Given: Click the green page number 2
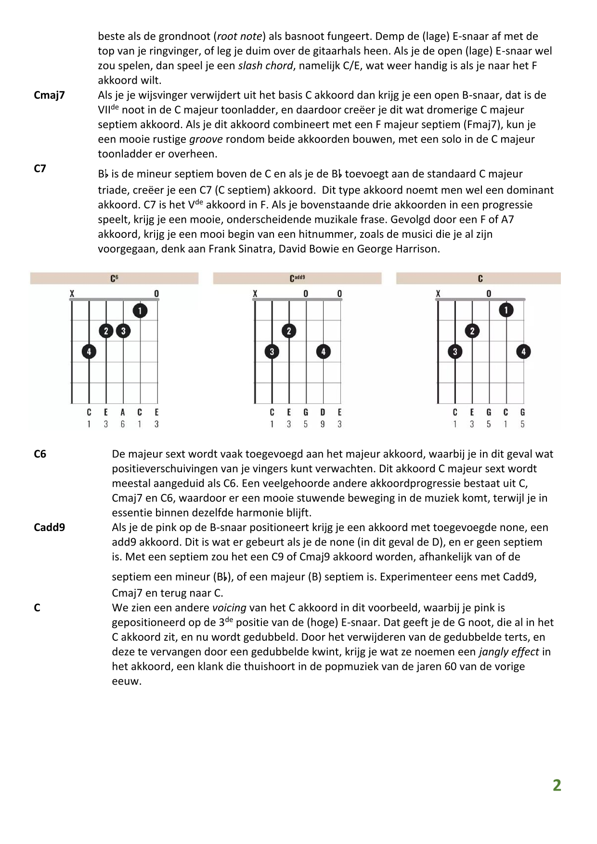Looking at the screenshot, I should coord(557,785).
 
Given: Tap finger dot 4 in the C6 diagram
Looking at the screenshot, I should coord(89,351).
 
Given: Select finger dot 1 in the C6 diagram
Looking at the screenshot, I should coord(140,311).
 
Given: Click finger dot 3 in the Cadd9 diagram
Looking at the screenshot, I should coord(272,351).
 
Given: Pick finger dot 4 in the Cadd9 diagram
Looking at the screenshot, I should coord(323,351).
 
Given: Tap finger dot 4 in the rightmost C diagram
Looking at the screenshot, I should coord(523,351).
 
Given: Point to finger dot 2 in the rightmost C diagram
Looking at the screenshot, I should coord(472,331).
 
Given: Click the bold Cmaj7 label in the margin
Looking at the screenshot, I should coord(49,95).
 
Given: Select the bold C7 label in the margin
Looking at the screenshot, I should coord(40,169).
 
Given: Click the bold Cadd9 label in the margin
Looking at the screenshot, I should coord(49,527).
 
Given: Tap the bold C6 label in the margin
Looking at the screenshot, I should coord(40,454).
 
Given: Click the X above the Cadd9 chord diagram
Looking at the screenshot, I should coord(255,294).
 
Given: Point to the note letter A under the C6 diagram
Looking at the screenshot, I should coord(123,412).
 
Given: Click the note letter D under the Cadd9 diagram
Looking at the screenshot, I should coord(323,412).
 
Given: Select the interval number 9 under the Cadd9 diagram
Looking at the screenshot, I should coord(323,424).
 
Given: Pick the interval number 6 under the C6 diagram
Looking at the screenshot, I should coord(123,424).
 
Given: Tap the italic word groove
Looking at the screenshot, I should coord(206,139).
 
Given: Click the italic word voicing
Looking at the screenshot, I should coord(229,608).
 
